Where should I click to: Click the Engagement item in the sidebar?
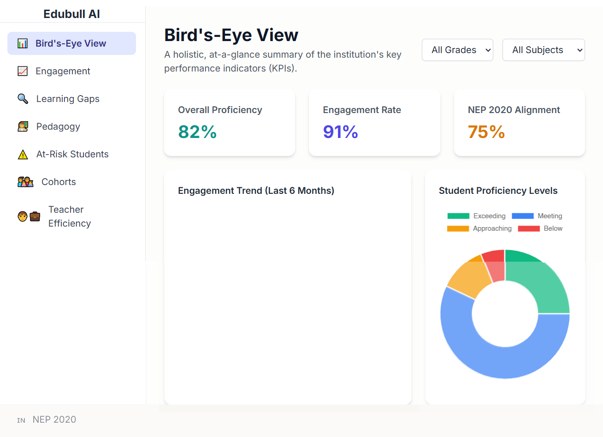63,71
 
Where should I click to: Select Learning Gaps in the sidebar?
67,99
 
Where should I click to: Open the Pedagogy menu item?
58,126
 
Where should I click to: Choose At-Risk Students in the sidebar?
72,154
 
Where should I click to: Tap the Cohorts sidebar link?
59,182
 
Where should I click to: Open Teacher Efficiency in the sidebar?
69,216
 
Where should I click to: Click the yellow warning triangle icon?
23,155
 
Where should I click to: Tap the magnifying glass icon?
23,99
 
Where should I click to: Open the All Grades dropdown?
457,50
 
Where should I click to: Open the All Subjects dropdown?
544,50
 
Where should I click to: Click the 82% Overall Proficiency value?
197,132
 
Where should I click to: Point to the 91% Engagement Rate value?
340,132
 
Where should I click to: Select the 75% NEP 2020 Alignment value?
486,132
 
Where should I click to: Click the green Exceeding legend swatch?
458,216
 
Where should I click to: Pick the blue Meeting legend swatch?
522,216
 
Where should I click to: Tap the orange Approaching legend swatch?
458,228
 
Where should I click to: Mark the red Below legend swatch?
528,228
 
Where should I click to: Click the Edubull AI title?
71,14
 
